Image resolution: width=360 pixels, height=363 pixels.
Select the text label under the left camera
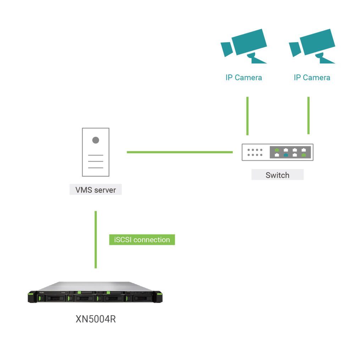coord(244,78)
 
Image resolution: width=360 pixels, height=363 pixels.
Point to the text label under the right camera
coord(312,78)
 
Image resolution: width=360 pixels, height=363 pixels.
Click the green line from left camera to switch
coord(248,116)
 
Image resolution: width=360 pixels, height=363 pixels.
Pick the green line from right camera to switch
coord(309,116)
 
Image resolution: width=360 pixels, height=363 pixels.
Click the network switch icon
coord(277,152)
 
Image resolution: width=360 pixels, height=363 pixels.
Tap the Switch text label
coord(277,175)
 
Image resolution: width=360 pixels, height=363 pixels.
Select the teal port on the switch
coord(286,155)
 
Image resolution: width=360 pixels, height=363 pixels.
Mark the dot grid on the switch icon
coord(255,152)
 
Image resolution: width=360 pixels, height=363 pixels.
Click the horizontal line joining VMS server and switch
coord(179,152)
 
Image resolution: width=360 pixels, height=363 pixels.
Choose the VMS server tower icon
coord(96,152)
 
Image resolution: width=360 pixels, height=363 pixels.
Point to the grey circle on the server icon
coord(96,140)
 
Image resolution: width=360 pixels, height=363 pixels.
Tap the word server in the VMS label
coord(105,190)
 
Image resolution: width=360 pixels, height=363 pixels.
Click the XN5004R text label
coord(96,319)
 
